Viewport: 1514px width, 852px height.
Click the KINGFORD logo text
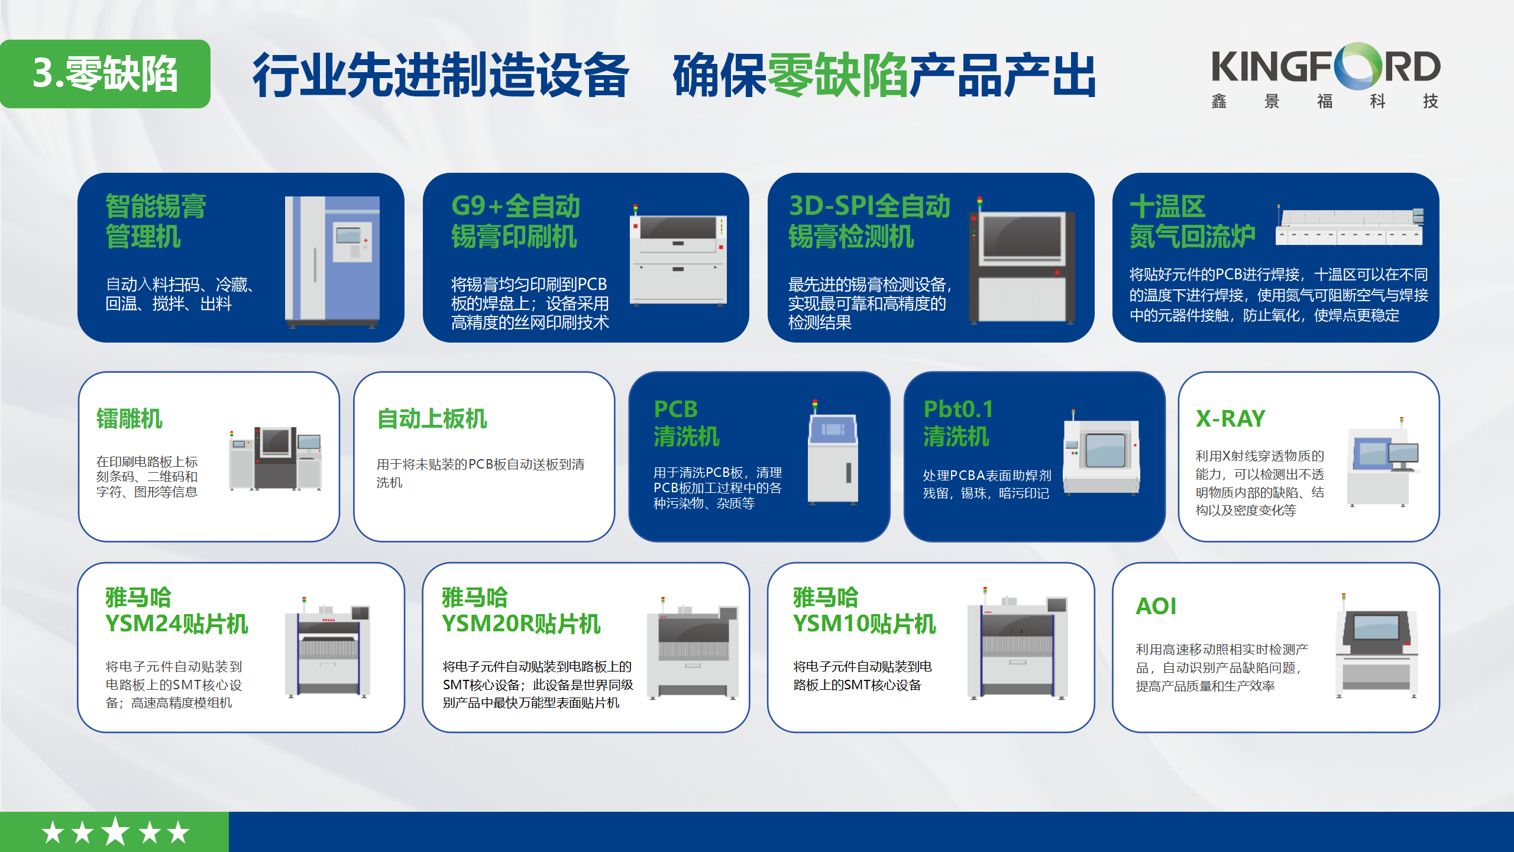tap(1325, 67)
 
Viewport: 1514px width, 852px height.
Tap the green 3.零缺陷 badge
tap(105, 74)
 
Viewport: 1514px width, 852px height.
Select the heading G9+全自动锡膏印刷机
tap(515, 221)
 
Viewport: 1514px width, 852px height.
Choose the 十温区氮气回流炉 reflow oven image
tap(1350, 228)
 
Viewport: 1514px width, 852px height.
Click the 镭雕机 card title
tap(130, 419)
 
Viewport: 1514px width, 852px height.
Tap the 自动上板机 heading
tap(432, 419)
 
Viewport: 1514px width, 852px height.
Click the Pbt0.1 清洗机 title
tap(959, 422)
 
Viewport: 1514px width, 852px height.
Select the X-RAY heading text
tap(1230, 419)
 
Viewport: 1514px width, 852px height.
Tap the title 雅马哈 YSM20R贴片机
tap(521, 611)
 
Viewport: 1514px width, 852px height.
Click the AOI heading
tap(1156, 606)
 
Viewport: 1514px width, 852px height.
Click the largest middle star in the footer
tap(115, 831)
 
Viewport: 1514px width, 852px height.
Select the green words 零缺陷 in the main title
tap(837, 75)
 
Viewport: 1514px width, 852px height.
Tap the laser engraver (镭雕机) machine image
tap(275, 459)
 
